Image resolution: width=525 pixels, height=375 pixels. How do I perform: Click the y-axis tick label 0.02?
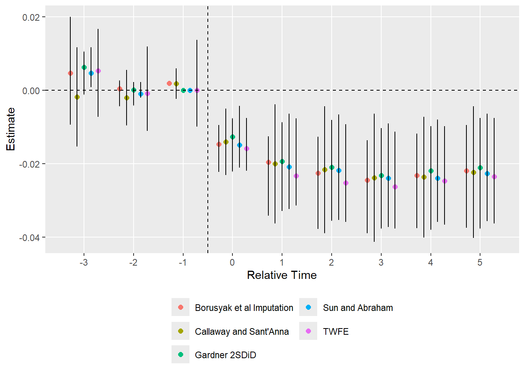point(31,17)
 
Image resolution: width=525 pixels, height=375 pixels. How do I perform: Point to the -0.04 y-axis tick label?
point(30,237)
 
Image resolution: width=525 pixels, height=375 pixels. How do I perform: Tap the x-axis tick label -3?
point(83,262)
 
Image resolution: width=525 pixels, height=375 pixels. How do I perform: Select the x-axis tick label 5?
point(480,262)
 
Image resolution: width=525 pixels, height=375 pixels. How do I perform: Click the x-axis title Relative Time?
point(282,275)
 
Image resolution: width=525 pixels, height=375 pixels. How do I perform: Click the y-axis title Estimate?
point(11,129)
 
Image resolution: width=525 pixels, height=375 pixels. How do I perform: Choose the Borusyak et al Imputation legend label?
point(244,308)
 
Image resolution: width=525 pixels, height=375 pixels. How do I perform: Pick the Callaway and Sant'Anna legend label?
point(242,332)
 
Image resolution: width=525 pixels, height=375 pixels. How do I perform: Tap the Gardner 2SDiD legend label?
point(225,355)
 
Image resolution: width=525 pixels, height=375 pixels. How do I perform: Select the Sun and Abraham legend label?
point(358,308)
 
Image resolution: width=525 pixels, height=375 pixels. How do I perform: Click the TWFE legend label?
point(336,332)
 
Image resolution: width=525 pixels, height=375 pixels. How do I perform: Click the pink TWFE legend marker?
point(308,331)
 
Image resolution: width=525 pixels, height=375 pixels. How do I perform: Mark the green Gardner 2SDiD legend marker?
point(180,354)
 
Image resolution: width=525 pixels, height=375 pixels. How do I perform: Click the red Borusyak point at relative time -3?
point(70,73)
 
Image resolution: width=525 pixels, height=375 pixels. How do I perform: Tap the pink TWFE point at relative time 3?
point(395,187)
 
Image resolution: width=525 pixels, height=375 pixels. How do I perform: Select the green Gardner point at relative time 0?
point(232,137)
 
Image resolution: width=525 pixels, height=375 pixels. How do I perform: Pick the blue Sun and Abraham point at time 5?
point(487,173)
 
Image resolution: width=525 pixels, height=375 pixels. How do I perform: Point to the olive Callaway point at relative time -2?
point(127,98)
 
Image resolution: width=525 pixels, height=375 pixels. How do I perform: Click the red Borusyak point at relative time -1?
point(169,83)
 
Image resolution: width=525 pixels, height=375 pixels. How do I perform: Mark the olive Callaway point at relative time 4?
point(424,177)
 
